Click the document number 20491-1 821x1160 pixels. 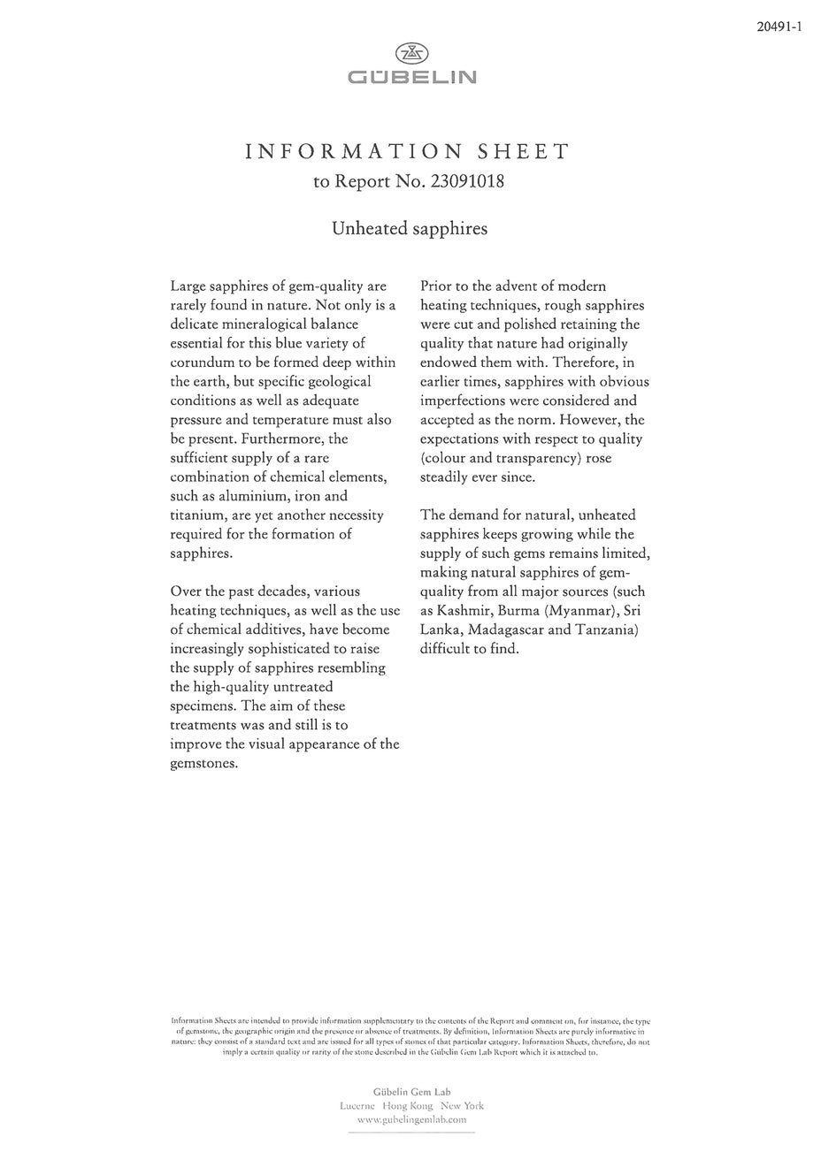click(x=779, y=27)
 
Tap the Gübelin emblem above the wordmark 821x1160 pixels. click(x=411, y=53)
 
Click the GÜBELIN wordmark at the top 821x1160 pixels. click(x=411, y=77)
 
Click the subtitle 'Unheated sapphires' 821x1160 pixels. click(x=410, y=228)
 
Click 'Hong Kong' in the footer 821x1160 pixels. click(x=408, y=1106)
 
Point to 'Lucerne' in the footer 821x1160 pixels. click(x=357, y=1106)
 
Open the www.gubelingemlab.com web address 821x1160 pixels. click(x=411, y=1119)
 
